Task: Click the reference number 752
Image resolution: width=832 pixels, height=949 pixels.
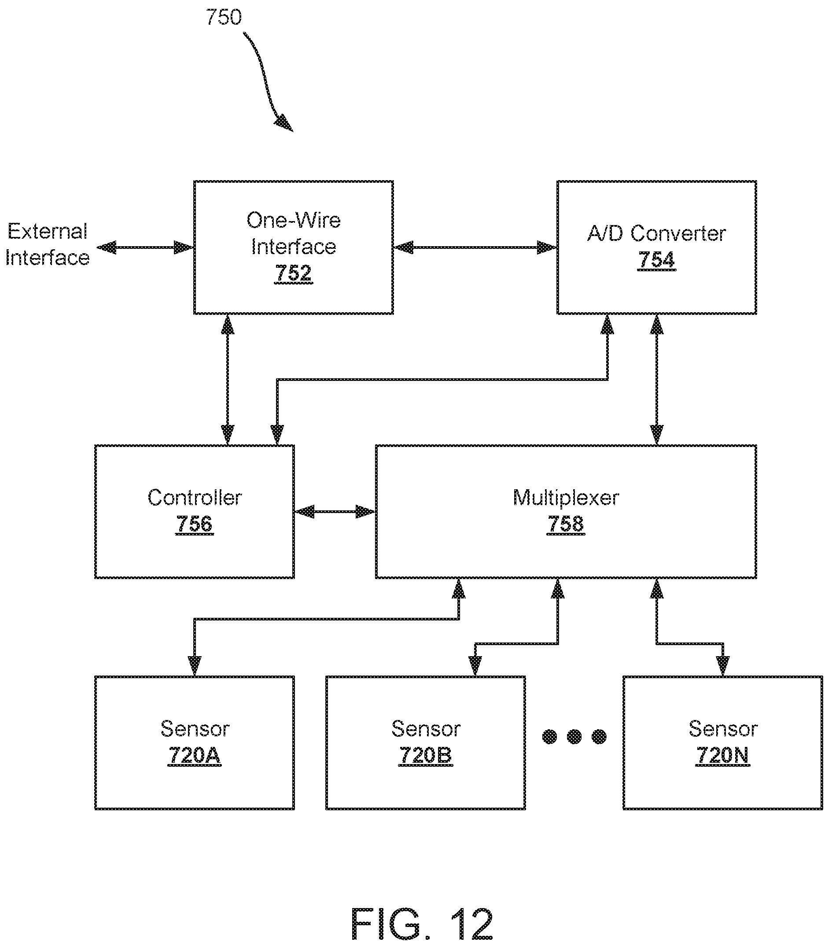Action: point(293,273)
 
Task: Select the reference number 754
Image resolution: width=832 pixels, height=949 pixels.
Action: point(656,259)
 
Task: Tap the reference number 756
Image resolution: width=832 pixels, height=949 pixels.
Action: point(195,524)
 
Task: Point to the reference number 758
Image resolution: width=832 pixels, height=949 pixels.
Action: point(566,524)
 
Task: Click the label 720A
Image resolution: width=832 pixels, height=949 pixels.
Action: point(195,755)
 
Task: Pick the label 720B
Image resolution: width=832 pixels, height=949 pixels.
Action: point(426,755)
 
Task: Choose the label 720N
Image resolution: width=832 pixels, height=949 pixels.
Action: point(722,755)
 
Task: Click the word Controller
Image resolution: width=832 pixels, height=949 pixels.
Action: point(195,498)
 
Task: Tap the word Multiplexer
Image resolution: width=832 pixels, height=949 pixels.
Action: point(566,498)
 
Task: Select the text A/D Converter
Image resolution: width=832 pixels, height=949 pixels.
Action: point(656,233)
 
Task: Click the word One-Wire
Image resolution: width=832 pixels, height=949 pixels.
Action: point(293,220)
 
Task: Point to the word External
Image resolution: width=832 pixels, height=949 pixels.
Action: point(48,231)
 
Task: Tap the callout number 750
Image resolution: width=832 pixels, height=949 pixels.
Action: point(224,18)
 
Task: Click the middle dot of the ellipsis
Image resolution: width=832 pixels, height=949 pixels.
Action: point(574,736)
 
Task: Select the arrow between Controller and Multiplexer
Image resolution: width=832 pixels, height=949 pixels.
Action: point(335,512)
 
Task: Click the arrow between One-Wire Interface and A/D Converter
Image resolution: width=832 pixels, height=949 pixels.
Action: point(475,247)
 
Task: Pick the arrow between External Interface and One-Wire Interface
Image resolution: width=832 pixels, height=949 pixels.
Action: point(145,247)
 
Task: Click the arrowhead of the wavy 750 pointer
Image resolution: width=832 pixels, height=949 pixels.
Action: point(285,123)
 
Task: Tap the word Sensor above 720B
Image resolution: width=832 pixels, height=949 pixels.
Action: point(426,729)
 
